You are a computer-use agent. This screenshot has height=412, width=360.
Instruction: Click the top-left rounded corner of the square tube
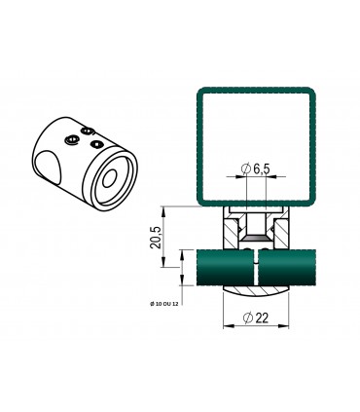coord(198,94)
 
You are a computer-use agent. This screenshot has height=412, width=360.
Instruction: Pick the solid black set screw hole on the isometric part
coord(96,145)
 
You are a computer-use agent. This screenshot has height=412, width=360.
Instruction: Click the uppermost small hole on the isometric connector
coord(89,131)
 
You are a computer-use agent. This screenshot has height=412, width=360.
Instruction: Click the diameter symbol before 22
coord(247,318)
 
